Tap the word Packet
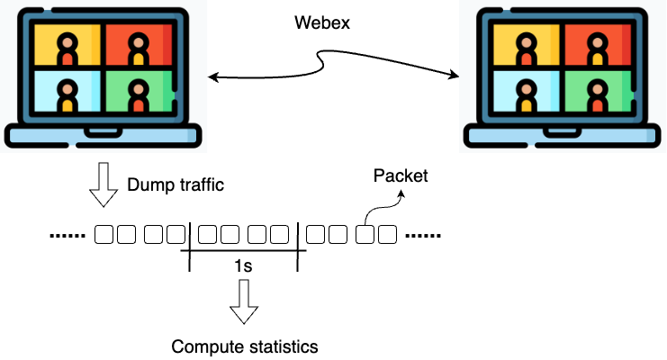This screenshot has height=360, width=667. click(x=401, y=175)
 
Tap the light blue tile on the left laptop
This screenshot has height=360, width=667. click(x=65, y=93)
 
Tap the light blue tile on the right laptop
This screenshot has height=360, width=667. click(x=526, y=93)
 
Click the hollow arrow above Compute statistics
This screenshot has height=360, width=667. click(x=243, y=302)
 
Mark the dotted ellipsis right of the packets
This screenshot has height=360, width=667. click(x=423, y=237)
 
